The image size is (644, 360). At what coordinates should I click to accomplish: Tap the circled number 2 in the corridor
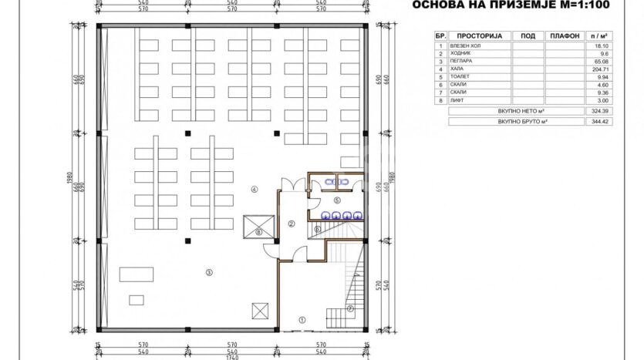click(x=292, y=224)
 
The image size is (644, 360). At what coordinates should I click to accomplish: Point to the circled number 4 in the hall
click(x=254, y=189)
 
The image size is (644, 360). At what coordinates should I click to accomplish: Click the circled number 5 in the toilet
click(x=336, y=200)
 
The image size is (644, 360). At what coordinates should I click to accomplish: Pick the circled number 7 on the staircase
click(x=349, y=310)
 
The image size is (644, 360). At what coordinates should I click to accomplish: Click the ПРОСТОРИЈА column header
click(x=479, y=36)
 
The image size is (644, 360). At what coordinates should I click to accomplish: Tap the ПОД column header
click(x=528, y=36)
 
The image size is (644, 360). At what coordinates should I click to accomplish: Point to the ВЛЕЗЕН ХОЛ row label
click(x=469, y=46)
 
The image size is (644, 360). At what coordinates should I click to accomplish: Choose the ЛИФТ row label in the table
click(x=464, y=100)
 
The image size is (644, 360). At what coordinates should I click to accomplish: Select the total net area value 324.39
click(x=598, y=112)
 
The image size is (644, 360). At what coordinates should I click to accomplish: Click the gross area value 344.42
click(x=598, y=122)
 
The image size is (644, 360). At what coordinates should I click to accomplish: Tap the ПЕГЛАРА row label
click(x=467, y=62)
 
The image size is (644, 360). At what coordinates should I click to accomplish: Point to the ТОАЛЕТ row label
click(x=466, y=77)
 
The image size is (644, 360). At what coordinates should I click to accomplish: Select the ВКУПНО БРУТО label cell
click(x=517, y=122)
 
